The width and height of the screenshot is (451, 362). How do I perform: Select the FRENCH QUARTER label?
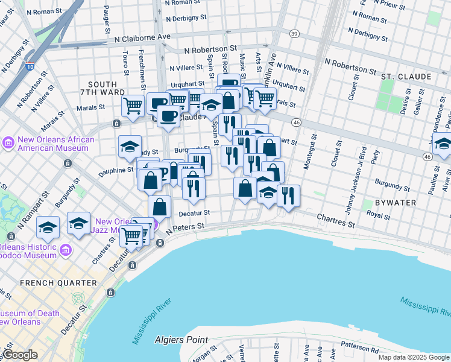point(58,282)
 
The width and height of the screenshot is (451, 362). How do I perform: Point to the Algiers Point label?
point(180,340)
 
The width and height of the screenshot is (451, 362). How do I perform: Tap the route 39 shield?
point(294,33)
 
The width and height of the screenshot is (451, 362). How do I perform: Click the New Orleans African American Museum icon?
point(9,143)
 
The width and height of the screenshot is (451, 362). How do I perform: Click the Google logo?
point(20,355)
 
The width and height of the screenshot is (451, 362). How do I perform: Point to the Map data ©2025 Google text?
point(414,357)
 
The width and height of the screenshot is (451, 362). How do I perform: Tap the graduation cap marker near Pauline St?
point(443,144)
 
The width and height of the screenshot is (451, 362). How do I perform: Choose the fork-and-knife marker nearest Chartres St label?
point(288,195)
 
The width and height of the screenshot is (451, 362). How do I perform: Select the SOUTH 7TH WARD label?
point(106,89)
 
